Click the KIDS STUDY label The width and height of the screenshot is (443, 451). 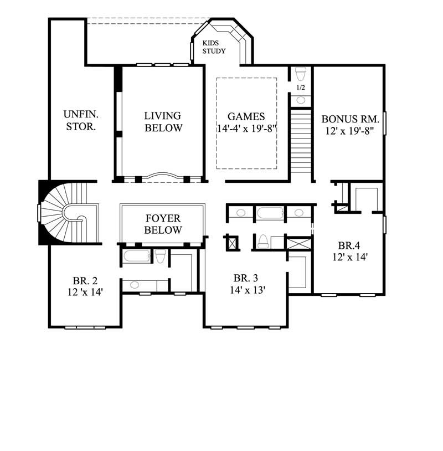(x=213, y=47)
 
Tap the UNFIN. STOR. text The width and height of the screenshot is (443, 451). (x=80, y=120)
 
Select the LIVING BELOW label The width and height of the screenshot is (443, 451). (x=163, y=122)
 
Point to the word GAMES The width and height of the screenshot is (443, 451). (x=246, y=117)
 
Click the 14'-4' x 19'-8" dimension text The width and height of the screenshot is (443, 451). (x=246, y=129)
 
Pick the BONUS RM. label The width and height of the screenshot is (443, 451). (x=350, y=119)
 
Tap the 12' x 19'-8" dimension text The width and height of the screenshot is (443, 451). (x=350, y=131)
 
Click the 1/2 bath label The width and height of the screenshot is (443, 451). (x=301, y=88)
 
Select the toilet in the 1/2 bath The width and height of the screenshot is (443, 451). (x=301, y=74)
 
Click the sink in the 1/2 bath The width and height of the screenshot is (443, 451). (x=301, y=100)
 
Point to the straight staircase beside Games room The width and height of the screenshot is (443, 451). (x=301, y=144)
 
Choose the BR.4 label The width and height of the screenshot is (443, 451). (x=350, y=251)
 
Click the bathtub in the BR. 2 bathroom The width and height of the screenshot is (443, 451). (x=136, y=257)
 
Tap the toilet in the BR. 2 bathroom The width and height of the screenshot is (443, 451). (x=160, y=256)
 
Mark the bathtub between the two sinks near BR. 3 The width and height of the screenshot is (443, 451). (x=270, y=213)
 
